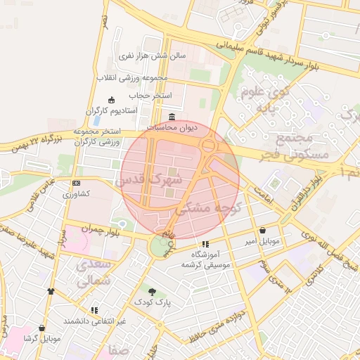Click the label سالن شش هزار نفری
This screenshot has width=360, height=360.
click(x=151, y=54)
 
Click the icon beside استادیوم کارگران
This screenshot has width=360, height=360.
click(x=111, y=101)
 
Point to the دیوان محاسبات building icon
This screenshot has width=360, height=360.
click(x=172, y=117)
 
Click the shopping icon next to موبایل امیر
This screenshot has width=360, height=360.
click(x=262, y=230)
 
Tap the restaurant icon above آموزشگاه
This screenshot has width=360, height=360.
click(x=205, y=243)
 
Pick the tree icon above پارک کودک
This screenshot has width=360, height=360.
click(x=153, y=290)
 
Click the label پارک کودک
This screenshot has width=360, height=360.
click(x=153, y=302)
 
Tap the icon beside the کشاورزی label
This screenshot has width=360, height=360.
click(x=76, y=183)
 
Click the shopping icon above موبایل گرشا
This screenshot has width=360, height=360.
click(x=42, y=328)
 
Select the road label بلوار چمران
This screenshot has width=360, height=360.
click(x=96, y=230)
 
